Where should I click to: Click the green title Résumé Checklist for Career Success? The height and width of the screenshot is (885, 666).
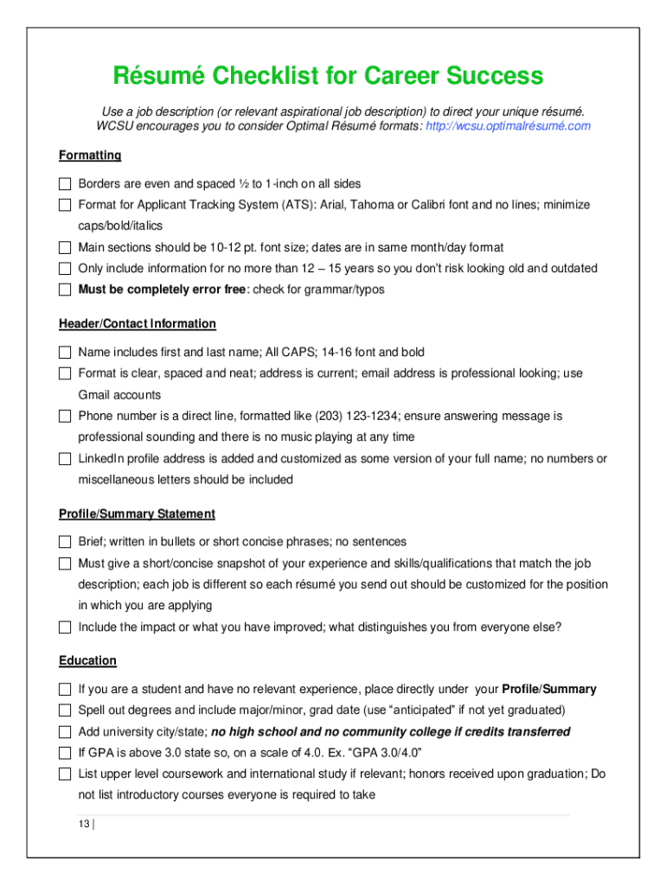pyautogui.click(x=328, y=76)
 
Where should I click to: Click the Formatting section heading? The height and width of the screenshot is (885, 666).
pyautogui.click(x=90, y=156)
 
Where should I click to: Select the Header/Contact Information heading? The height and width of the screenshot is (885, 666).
pyautogui.click(x=137, y=324)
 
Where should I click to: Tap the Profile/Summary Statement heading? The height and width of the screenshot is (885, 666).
pyautogui.click(x=137, y=514)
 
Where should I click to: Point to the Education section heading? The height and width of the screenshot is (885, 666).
pyautogui.click(x=87, y=661)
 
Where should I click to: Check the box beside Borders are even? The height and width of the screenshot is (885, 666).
pyautogui.click(x=65, y=184)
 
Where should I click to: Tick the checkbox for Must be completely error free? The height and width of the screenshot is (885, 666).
pyautogui.click(x=65, y=290)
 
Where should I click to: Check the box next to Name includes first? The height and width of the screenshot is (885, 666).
pyautogui.click(x=65, y=353)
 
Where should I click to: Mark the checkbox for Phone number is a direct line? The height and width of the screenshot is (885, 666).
pyautogui.click(x=65, y=417)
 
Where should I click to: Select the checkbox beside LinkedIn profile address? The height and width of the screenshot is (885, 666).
pyautogui.click(x=65, y=459)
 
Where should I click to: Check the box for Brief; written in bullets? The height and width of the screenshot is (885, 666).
pyautogui.click(x=65, y=542)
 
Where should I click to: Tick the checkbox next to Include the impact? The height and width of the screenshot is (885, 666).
pyautogui.click(x=65, y=627)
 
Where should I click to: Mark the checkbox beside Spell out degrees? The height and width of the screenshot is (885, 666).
pyautogui.click(x=65, y=710)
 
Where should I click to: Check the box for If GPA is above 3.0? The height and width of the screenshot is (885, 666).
pyautogui.click(x=65, y=753)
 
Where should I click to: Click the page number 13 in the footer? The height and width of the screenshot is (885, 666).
pyautogui.click(x=83, y=825)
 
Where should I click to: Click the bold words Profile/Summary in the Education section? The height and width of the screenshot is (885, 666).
pyautogui.click(x=549, y=690)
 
